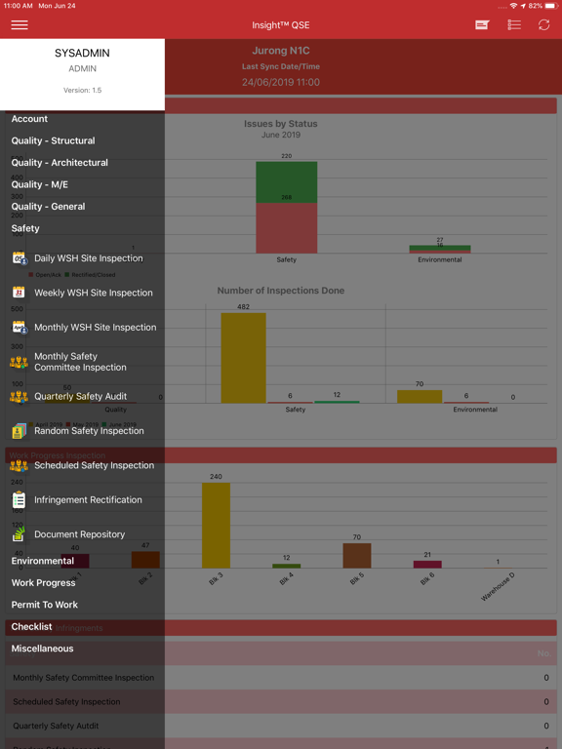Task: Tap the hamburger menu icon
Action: coord(20,24)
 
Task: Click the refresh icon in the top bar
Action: coord(543,24)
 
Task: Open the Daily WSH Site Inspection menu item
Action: coord(88,258)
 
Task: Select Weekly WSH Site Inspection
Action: coord(93,293)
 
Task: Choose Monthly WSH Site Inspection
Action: coord(95,328)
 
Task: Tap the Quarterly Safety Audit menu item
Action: coord(80,397)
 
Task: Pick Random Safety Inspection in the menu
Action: coord(89,431)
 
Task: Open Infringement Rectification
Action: coord(88,500)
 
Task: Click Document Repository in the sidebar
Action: coord(79,534)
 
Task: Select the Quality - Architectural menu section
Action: coord(60,163)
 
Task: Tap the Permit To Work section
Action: coord(45,605)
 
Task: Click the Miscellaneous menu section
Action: coord(42,649)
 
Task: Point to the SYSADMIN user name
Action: coord(82,54)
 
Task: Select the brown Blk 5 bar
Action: coord(356,555)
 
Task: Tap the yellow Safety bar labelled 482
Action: coord(243,358)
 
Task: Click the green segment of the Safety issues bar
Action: coord(286,181)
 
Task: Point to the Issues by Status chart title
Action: coord(281,124)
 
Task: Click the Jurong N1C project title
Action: coord(281,49)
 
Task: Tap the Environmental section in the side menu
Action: coord(43,561)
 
